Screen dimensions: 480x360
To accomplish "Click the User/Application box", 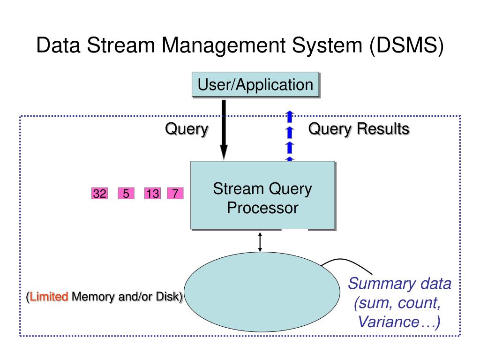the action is (255, 85).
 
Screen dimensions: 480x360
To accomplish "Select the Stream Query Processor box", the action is (263, 195).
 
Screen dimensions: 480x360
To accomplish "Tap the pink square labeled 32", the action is (99, 194).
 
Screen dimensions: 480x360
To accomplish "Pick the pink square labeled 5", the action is (126, 194).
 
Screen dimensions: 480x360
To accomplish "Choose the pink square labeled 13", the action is (152, 194).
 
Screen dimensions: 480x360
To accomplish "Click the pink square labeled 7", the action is (175, 194).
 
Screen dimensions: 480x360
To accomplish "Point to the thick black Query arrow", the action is (224, 130).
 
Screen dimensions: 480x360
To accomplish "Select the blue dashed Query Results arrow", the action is (290, 135).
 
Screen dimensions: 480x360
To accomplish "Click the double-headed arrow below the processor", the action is (260, 242).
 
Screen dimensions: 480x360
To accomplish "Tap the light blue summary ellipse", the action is (262, 292).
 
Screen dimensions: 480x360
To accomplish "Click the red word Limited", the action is (49, 297).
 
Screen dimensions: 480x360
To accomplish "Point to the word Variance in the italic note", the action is (389, 322).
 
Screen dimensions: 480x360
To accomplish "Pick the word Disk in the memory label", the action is (167, 296).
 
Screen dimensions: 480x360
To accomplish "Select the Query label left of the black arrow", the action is (187, 129).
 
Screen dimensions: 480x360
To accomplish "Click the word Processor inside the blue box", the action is (262, 208).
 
